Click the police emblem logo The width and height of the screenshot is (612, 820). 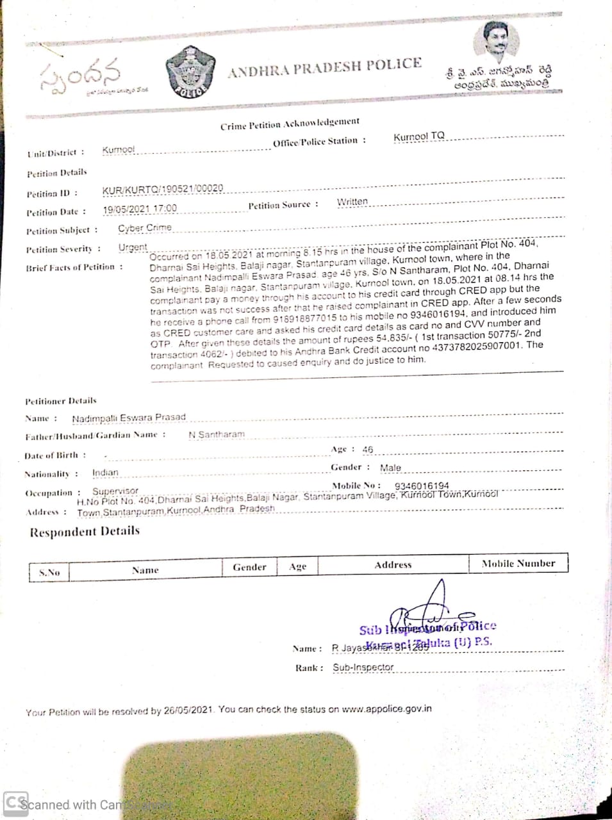(190, 72)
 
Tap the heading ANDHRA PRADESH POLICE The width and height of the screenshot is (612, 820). (324, 67)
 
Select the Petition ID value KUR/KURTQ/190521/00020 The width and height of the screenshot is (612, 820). (163, 189)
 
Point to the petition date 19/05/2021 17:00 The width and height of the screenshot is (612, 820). (140, 209)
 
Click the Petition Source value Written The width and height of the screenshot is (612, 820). (352, 202)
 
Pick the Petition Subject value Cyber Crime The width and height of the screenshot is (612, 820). (145, 227)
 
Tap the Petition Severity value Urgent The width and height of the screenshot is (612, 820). (133, 247)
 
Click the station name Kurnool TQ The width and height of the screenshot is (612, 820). (418, 136)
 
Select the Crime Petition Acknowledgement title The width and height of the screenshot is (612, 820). (290, 123)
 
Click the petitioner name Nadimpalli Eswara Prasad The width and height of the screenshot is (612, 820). (129, 418)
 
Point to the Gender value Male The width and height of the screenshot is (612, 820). (390, 468)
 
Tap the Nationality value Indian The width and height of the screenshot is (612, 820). (105, 473)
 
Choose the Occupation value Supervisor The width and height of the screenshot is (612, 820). (115, 491)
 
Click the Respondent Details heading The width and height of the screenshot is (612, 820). (85, 532)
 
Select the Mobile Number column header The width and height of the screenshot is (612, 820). (518, 564)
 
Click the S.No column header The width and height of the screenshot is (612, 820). (49, 572)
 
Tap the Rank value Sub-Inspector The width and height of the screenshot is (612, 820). (363, 667)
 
